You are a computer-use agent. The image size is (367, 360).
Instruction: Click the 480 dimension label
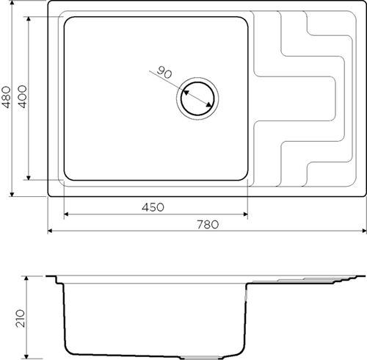(x=7, y=97)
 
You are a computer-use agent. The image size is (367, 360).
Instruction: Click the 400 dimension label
(x=23, y=96)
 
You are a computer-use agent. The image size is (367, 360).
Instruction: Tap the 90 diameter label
(x=164, y=72)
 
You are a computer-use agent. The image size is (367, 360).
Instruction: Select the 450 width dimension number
(x=153, y=207)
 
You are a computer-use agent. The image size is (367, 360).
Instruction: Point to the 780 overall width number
(x=208, y=225)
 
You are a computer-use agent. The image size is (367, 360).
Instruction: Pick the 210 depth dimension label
(x=21, y=318)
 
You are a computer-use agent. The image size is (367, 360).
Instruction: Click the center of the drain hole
(x=197, y=98)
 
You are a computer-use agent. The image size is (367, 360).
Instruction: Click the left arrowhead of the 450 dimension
(x=66, y=215)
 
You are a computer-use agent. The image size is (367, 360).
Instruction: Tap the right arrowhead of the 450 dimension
(x=245, y=215)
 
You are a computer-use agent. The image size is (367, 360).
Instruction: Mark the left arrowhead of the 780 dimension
(x=50, y=231)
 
